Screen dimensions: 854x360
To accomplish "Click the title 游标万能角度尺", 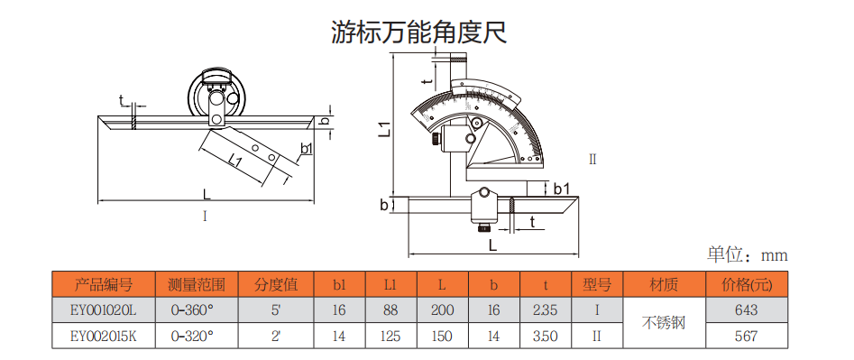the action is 419,32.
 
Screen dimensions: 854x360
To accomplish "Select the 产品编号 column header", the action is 104,284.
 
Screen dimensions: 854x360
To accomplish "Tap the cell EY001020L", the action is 104,310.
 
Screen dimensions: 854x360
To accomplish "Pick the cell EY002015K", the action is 104,336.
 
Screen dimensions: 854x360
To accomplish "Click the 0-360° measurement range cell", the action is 197,310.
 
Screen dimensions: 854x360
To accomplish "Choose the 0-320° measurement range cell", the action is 197,336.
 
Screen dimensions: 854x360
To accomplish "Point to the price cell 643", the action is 746,310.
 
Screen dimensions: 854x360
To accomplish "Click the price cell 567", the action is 746,336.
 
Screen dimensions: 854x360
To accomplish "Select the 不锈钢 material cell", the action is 664,323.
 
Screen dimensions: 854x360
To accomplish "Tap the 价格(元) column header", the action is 746,284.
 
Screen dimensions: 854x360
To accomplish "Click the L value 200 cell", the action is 443,310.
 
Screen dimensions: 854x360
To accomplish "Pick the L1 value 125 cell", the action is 391,336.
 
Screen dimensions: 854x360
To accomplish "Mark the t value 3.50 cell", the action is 546,336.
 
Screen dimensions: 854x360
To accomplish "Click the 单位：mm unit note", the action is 748,254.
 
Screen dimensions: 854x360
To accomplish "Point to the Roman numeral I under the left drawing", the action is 205,217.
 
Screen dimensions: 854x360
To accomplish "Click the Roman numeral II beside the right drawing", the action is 592,160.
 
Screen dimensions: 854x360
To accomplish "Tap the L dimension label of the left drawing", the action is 207,194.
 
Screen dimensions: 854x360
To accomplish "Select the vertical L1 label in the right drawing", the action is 384,128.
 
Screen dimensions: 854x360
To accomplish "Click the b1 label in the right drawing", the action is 562,189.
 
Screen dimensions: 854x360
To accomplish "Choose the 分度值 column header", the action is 276,284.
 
